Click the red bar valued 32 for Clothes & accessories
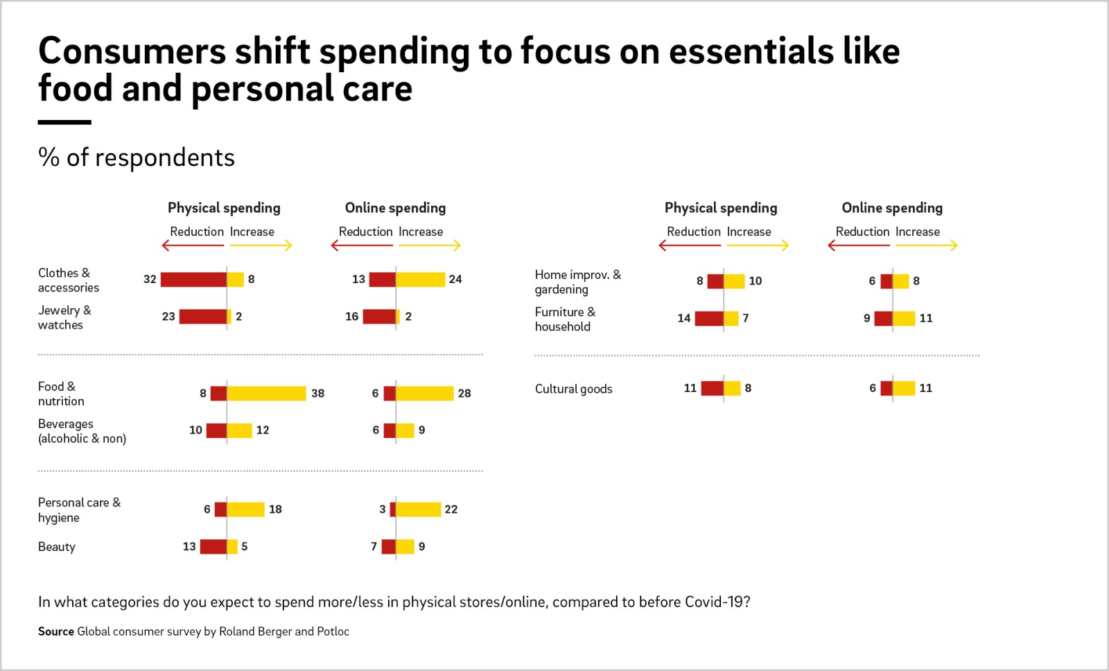[x=193, y=280]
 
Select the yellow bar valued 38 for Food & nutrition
[x=266, y=393]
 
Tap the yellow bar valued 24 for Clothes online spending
[x=420, y=280]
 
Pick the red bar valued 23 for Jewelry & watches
[x=203, y=316]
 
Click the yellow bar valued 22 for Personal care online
[x=419, y=509]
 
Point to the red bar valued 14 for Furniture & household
[x=709, y=318]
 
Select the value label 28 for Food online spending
[x=464, y=393]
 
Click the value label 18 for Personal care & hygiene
[x=275, y=509]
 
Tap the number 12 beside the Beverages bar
[x=263, y=430]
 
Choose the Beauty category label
[x=56, y=547]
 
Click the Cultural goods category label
[x=573, y=389]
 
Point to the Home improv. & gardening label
[x=578, y=282]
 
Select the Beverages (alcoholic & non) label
[x=82, y=431]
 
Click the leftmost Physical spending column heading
[x=224, y=208]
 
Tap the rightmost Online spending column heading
[x=892, y=208]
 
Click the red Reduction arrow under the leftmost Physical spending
[x=193, y=246]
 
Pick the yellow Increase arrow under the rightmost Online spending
[x=927, y=246]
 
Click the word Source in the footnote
[x=56, y=632]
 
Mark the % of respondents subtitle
[x=136, y=158]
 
